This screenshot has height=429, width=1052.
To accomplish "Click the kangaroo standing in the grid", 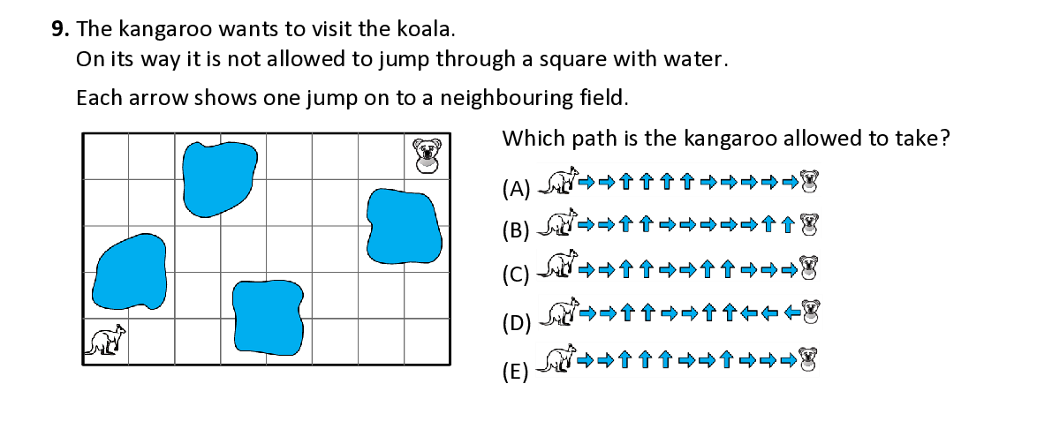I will click(x=105, y=341).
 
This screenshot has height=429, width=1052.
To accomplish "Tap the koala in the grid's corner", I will click(x=428, y=155).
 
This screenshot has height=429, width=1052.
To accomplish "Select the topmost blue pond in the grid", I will click(x=220, y=177).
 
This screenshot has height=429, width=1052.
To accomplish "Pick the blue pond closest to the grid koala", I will click(x=404, y=227).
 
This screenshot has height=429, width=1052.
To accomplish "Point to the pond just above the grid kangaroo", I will click(x=130, y=272).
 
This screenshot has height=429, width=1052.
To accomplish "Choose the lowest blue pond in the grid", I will click(x=268, y=317).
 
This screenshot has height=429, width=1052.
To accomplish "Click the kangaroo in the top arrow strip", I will click(x=558, y=180).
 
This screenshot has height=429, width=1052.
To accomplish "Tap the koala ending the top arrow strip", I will click(x=808, y=181).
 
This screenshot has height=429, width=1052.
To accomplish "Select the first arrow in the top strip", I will click(x=586, y=182).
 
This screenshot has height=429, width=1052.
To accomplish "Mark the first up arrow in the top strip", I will click(x=626, y=182).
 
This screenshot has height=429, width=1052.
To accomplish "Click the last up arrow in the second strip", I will click(x=788, y=224).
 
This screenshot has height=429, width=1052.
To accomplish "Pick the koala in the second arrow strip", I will click(x=808, y=224).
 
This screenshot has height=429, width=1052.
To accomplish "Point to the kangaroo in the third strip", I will click(x=558, y=265).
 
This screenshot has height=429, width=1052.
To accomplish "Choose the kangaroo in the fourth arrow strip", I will click(x=559, y=312).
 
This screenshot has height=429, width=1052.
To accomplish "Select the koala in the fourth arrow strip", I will click(x=811, y=311).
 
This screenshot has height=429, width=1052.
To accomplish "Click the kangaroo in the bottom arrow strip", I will click(x=558, y=359).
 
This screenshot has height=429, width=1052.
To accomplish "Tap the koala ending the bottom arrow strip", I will click(x=807, y=359).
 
